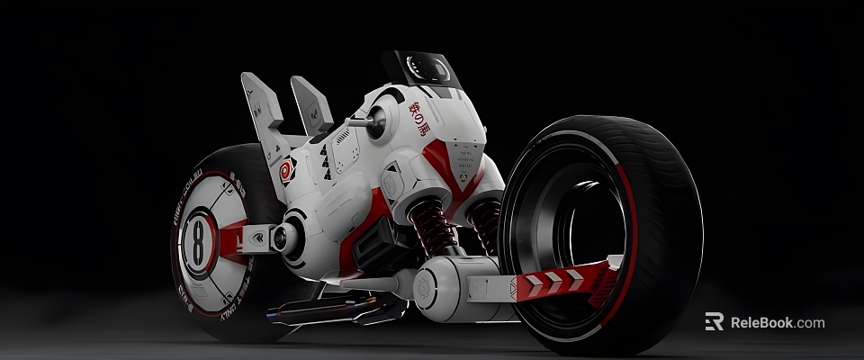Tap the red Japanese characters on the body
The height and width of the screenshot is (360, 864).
coord(420,118)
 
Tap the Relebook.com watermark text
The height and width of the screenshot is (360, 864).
coord(777,322)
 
